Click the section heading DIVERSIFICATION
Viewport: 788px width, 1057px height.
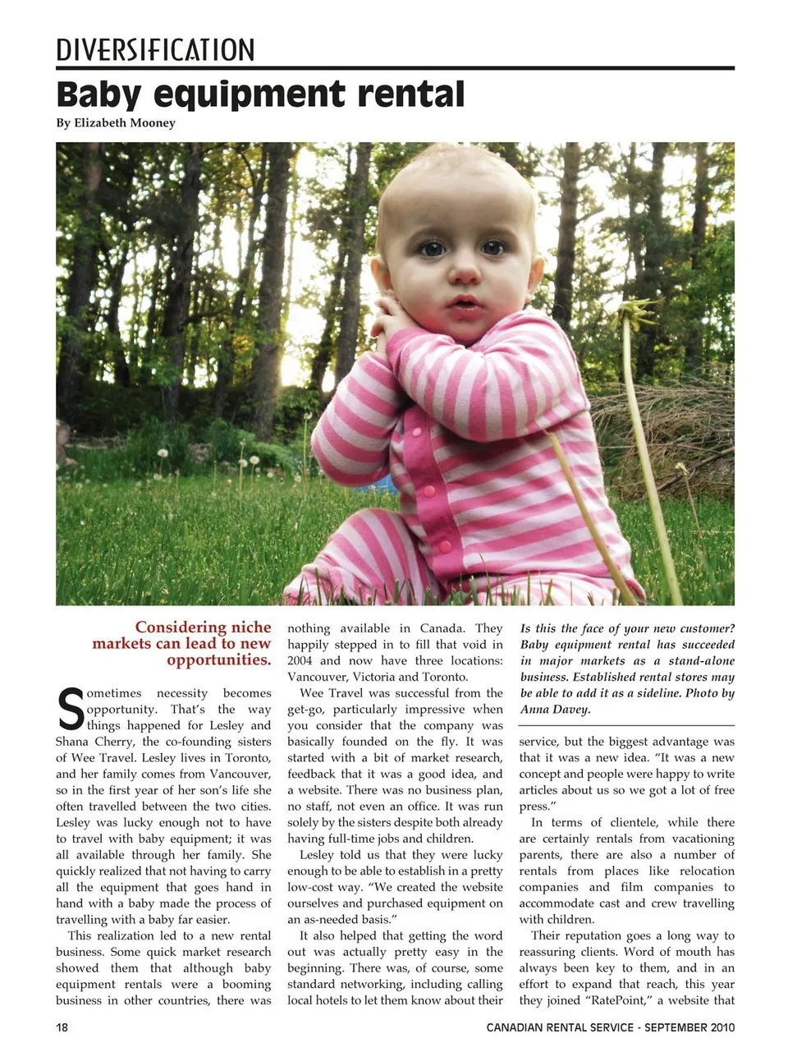[155, 50]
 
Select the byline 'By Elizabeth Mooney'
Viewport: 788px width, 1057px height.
[115, 123]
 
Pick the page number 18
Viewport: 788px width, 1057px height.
[62, 1027]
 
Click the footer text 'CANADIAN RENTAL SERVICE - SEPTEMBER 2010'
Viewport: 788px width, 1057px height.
[610, 1027]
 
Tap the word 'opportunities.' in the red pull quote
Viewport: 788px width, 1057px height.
[218, 660]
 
